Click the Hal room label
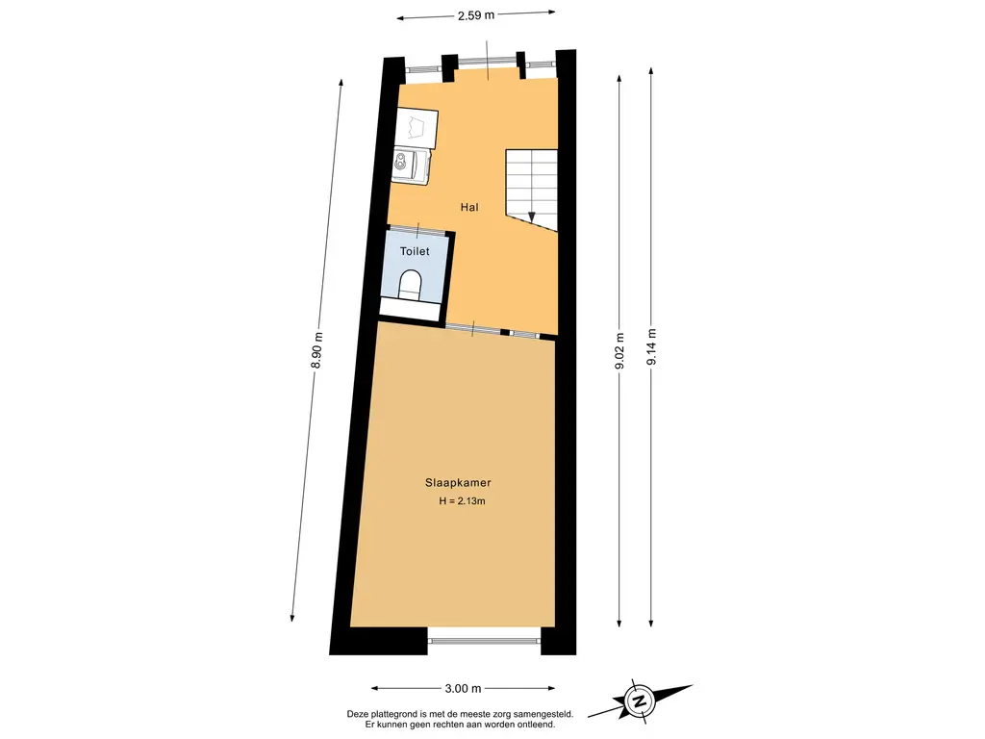(469, 208)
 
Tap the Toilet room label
(415, 251)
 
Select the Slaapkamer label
(458, 483)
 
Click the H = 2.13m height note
(462, 501)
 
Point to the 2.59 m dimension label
(475, 15)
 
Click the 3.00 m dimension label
(463, 689)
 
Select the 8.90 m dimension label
(317, 350)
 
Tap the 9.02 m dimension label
(619, 352)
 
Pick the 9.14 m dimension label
(651, 346)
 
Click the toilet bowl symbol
(411, 283)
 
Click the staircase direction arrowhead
(531, 217)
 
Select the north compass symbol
(640, 701)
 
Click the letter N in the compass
(640, 701)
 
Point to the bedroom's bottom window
(485, 641)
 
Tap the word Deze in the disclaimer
(358, 715)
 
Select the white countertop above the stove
(417, 129)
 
